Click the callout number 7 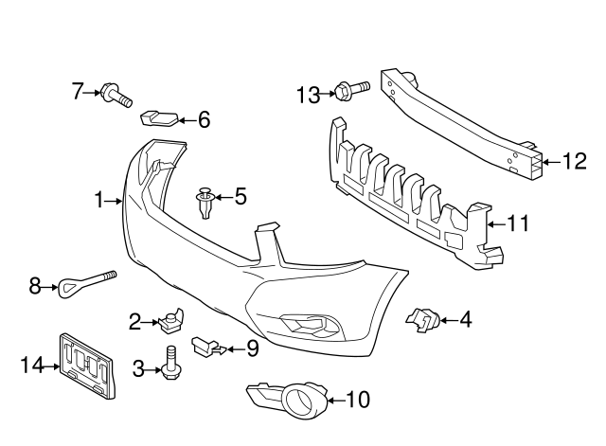(78, 91)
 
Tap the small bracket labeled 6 (158, 119)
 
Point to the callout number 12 (575, 162)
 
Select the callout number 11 (517, 223)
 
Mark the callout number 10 (357, 400)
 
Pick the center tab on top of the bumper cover (268, 236)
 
